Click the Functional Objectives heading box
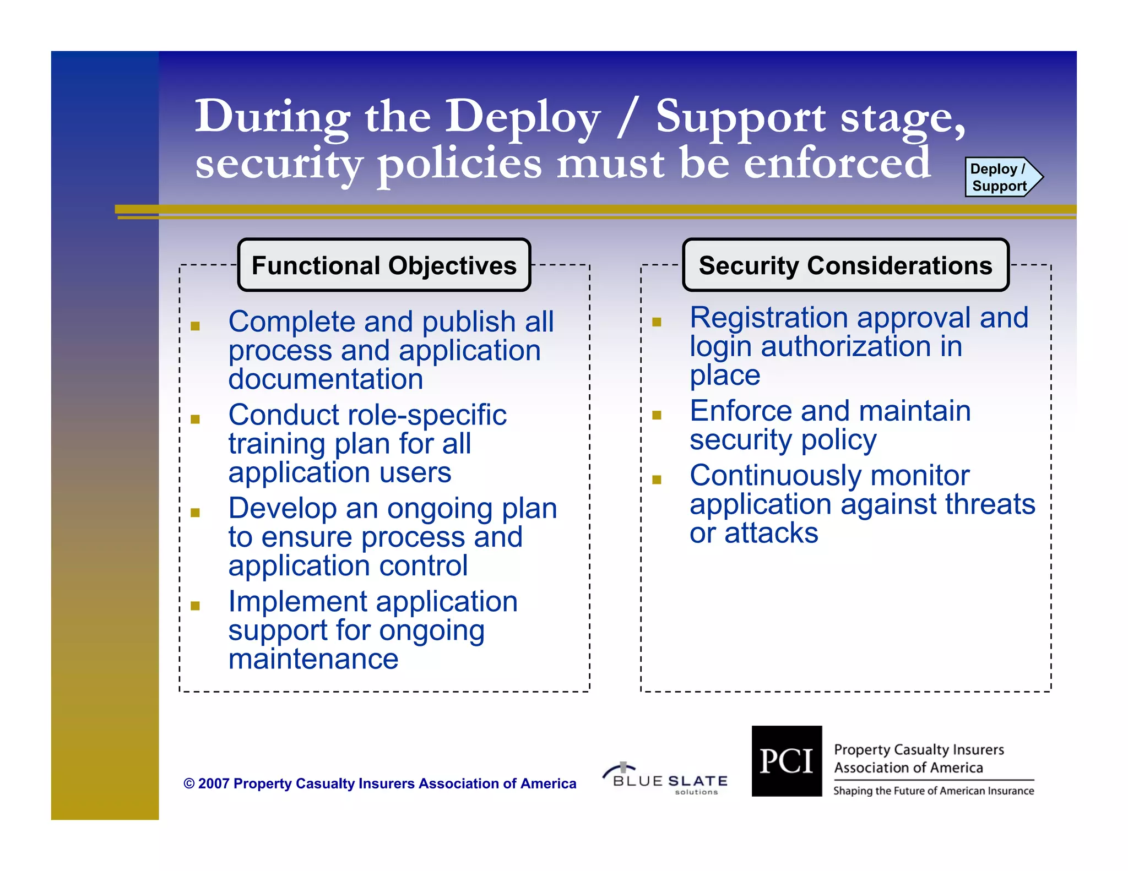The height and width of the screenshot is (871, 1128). point(384,265)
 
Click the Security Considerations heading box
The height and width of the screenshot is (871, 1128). point(845,265)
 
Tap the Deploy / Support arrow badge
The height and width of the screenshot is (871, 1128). point(1001,177)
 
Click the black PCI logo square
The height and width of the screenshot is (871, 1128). point(787,761)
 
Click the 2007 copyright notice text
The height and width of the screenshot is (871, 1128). point(380,783)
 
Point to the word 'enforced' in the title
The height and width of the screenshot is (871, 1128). point(837,163)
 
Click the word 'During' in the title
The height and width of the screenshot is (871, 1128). point(273,117)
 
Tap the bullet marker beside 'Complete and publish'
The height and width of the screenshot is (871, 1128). point(195,326)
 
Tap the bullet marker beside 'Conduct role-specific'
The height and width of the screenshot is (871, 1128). point(195,419)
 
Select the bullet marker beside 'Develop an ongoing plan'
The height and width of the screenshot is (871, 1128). point(195,513)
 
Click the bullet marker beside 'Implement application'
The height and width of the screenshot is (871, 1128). point(195,606)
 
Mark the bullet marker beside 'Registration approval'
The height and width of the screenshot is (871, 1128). point(657,322)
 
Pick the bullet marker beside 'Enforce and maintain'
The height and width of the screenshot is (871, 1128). point(657,415)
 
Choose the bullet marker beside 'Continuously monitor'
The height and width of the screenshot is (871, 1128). point(657,480)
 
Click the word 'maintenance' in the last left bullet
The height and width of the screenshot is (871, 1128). point(313,659)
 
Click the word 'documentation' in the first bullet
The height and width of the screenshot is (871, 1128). point(326,379)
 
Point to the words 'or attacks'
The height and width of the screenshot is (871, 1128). point(753,533)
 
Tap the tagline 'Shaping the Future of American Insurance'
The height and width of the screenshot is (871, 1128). point(933,791)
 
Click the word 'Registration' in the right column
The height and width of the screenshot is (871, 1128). point(768,318)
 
